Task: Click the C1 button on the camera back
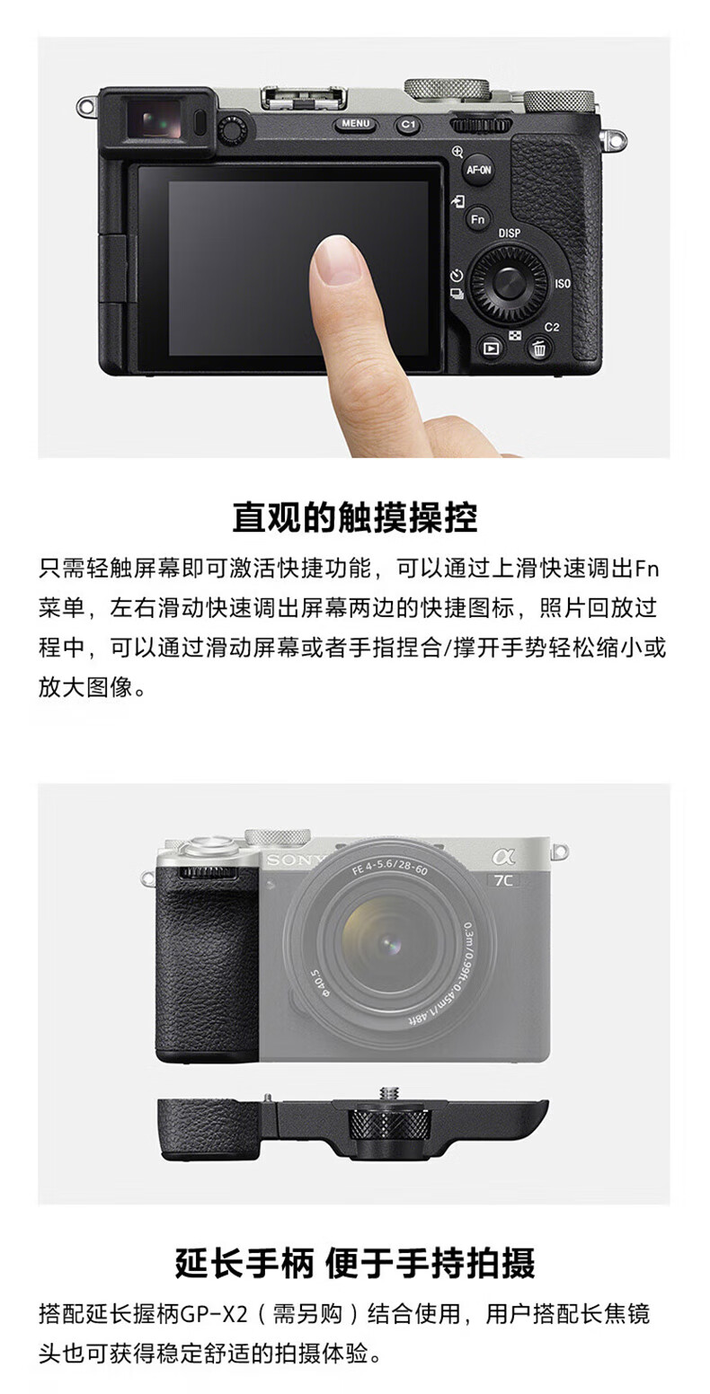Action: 408,125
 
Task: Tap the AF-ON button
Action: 479,169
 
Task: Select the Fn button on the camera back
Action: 478,219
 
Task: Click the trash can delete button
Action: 538,348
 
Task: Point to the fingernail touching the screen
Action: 338,260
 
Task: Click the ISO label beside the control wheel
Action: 563,284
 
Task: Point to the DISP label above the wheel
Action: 509,233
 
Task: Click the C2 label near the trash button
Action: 552,327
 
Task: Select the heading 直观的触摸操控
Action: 355,516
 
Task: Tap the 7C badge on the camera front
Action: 503,880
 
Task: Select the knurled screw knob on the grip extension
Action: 388,1138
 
